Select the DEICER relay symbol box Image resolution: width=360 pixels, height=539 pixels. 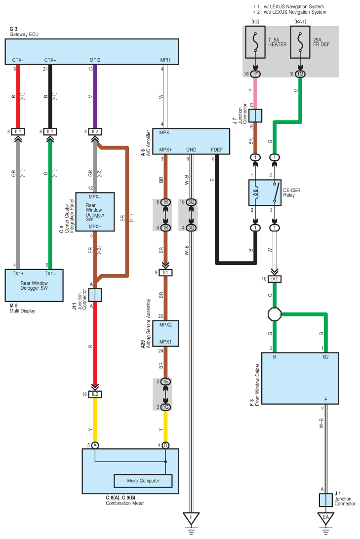tap(264, 192)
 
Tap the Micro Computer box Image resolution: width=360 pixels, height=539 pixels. tap(143, 480)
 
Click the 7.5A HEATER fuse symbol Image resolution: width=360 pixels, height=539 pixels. tap(255, 42)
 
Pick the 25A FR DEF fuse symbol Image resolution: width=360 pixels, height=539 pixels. tap(300, 42)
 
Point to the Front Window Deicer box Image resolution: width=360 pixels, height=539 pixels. tap(300, 379)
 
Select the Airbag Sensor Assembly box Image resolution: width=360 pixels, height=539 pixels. tap(165, 333)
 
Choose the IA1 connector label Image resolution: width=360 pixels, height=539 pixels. tap(274, 279)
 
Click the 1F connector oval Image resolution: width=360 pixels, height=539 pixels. tap(255, 74)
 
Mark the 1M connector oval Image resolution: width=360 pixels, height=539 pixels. tap(300, 74)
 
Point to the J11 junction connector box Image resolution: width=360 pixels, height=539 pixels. tap(95, 295)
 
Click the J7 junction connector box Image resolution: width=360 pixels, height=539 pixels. tap(255, 115)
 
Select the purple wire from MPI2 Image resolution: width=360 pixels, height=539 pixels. tap(95, 96)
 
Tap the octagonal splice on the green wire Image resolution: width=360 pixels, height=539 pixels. tap(274, 314)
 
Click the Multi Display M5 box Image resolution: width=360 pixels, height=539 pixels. tap(34, 285)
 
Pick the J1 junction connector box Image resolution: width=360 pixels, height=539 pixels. tap(325, 500)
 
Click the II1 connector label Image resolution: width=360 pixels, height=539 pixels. tap(165, 272)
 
